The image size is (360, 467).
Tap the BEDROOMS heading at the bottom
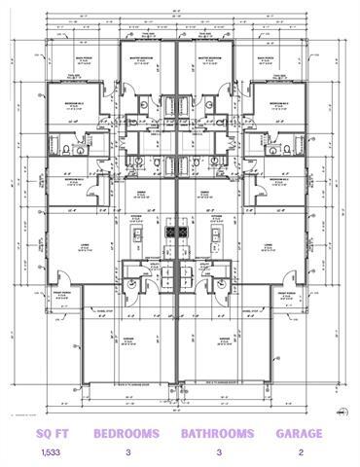(127, 433)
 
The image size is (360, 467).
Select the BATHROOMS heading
(217, 433)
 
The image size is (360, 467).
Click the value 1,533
(49, 452)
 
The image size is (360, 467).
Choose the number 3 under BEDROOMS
(127, 452)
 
